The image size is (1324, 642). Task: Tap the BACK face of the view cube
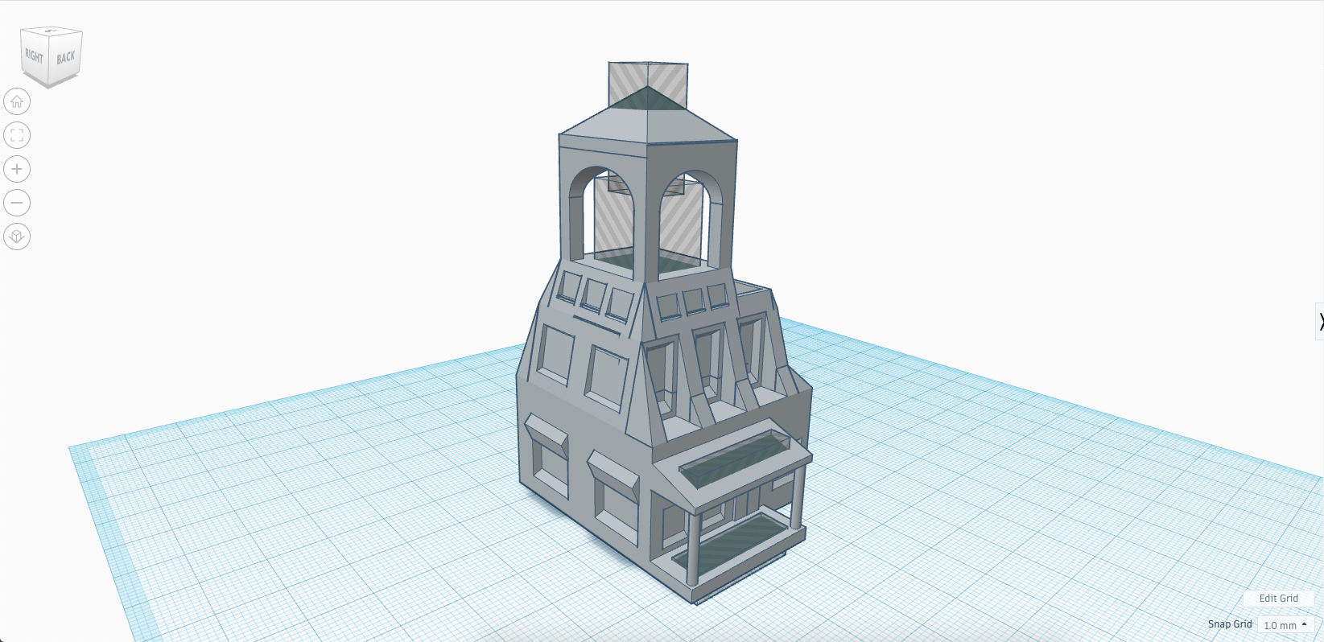point(66,57)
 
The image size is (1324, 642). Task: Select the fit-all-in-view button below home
point(17,135)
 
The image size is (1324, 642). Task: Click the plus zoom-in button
point(17,169)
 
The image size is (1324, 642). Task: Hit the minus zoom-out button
point(17,203)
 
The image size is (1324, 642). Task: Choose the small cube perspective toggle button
point(17,237)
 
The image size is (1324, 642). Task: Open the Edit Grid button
point(1278,598)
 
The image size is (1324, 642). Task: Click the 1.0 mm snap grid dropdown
point(1285,625)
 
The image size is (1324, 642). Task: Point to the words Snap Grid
point(1229,624)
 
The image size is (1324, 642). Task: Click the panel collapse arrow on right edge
point(1320,322)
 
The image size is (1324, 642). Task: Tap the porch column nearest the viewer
point(692,547)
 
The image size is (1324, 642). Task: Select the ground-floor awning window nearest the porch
point(614,500)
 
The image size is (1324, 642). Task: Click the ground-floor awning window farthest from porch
point(547,459)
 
